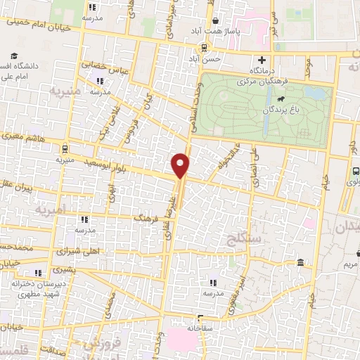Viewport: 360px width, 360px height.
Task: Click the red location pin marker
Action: point(181,165)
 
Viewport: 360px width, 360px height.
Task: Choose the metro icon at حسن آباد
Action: point(203,48)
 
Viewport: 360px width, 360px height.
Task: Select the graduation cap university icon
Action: point(13,56)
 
